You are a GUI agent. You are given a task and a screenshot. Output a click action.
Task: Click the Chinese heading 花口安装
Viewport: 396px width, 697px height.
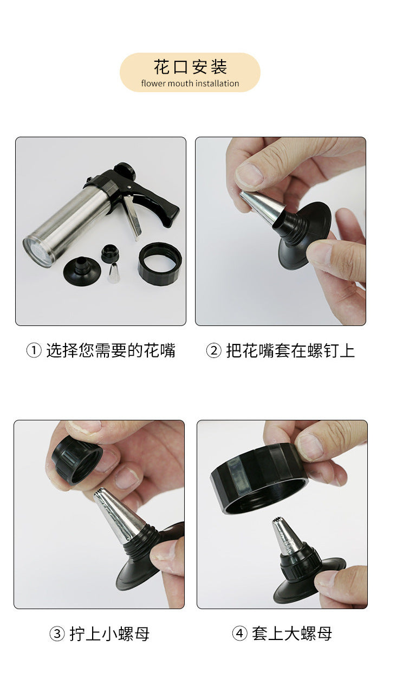click(190, 67)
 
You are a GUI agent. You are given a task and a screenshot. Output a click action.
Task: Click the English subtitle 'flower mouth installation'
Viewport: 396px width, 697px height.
click(190, 84)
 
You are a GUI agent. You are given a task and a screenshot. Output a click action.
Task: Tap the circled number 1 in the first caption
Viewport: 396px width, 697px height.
click(34, 351)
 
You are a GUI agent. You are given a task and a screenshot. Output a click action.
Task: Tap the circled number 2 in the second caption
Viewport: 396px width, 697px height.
click(214, 351)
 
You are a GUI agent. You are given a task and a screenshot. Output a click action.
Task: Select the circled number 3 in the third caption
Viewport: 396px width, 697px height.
click(57, 634)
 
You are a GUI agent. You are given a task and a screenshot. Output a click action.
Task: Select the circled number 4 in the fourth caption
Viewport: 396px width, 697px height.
click(239, 634)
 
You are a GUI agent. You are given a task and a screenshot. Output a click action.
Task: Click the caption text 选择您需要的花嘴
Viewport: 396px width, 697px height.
click(111, 351)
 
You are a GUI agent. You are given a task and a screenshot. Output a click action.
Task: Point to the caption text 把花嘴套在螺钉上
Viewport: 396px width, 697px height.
click(290, 351)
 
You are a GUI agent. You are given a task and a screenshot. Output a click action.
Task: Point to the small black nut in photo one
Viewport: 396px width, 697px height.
click(110, 253)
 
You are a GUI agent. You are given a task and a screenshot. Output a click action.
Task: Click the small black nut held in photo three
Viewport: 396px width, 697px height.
click(76, 458)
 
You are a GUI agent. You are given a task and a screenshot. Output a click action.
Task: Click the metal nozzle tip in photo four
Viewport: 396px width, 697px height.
click(285, 535)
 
